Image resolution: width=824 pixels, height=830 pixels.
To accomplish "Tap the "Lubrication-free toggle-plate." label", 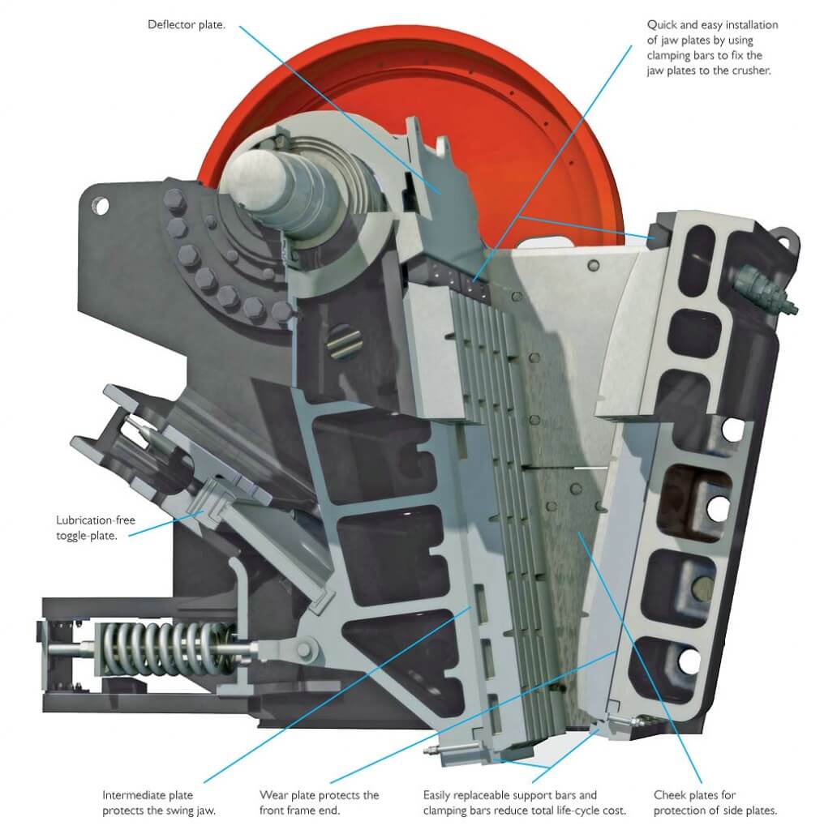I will click(x=96, y=527).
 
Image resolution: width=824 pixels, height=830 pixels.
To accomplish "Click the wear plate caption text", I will click(x=319, y=802).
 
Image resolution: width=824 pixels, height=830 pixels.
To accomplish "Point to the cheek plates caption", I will click(x=715, y=802).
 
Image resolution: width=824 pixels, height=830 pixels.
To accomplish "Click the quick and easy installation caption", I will click(x=712, y=47).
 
